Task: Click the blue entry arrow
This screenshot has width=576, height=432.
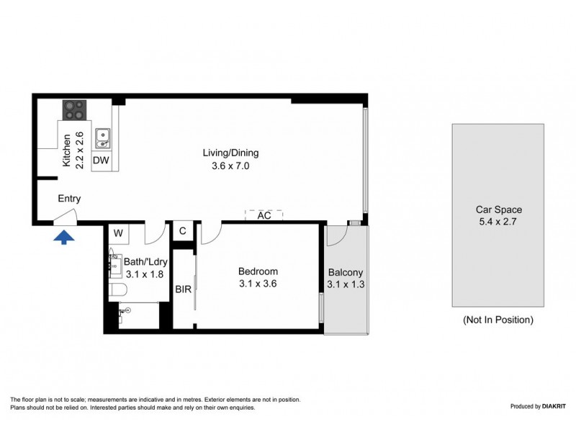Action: pos(63,237)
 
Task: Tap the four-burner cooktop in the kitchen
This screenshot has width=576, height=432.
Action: pos(73,110)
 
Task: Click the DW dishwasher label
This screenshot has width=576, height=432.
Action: pos(101,161)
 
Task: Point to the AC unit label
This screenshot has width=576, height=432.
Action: pos(264,215)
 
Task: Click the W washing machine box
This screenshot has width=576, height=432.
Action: pos(118,233)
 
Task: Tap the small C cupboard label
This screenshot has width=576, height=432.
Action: pos(183,231)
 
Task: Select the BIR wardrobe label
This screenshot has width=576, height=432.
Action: pos(183,290)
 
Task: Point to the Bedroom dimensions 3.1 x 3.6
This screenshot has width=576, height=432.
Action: pos(258,284)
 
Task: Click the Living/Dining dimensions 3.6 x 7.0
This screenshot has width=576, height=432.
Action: pos(230,166)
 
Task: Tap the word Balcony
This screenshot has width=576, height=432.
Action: pos(346,272)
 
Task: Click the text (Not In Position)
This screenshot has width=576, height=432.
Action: pos(498,320)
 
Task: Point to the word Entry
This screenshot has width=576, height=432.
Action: pos(69,199)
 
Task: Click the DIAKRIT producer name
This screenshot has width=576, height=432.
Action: pos(552,407)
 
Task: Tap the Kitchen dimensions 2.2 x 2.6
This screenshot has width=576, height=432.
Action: pos(80,150)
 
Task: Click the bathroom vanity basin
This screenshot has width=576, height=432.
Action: pos(114,264)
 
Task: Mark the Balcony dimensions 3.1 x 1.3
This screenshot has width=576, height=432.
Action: pos(346,284)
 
